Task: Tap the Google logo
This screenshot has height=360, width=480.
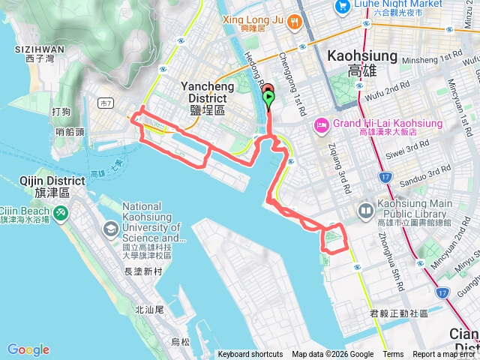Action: (28, 349)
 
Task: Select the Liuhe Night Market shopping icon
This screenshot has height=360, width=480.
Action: (343, 7)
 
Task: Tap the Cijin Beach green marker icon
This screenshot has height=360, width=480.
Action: (58, 213)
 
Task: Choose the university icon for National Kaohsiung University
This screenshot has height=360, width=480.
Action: (110, 228)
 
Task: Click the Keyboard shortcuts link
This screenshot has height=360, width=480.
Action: (250, 355)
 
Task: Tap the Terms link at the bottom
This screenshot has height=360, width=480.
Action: (393, 355)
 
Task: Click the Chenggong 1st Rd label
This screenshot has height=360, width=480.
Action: (292, 82)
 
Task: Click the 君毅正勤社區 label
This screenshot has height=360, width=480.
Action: (398, 313)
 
